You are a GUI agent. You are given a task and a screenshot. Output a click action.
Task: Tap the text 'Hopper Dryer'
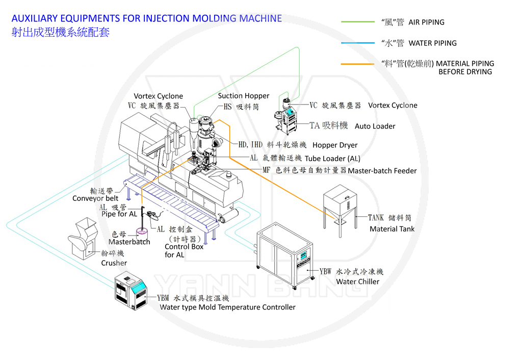[x=335, y=145]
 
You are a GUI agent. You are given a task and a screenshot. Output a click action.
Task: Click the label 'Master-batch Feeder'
[x=382, y=171]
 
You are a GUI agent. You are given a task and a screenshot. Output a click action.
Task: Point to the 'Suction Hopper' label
[x=243, y=96]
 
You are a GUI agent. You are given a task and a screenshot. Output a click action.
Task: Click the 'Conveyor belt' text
[x=95, y=198]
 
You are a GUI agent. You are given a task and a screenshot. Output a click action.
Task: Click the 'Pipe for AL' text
[x=119, y=214]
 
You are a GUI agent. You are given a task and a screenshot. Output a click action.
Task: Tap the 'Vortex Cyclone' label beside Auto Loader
[x=393, y=106]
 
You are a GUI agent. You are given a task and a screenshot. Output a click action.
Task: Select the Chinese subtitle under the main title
[x=60, y=32]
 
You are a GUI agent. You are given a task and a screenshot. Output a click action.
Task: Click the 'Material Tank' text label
[x=391, y=229]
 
